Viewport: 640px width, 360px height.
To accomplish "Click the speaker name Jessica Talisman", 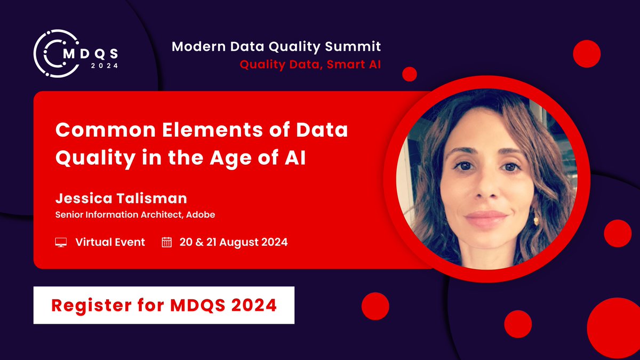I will pos(121,199).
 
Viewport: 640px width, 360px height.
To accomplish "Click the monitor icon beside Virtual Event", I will pos(61,243).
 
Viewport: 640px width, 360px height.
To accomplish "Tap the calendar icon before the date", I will pos(166,243).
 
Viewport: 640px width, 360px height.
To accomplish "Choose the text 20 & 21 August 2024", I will pos(234,242).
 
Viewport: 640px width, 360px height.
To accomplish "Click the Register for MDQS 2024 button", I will pos(164,305).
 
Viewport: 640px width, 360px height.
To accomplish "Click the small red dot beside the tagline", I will pos(409,74).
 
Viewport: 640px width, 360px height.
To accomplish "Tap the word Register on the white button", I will pos(87,305).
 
